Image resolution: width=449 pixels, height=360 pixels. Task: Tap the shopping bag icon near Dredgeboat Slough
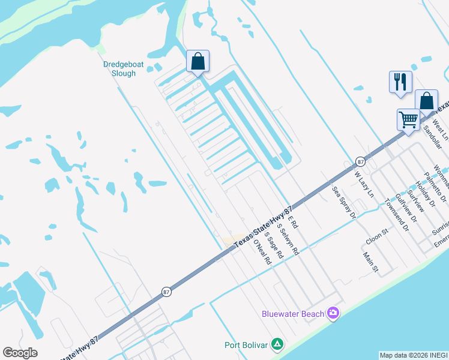pyautogui.click(x=197, y=61)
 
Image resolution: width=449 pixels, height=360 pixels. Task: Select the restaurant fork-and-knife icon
pyautogui.click(x=400, y=82)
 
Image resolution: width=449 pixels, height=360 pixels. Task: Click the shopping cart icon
pyautogui.click(x=408, y=119)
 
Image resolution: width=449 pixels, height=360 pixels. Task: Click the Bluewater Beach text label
pyautogui.click(x=292, y=314)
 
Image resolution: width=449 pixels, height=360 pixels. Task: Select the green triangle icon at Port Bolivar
pyautogui.click(x=277, y=344)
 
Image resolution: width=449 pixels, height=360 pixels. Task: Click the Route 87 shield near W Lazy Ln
pyautogui.click(x=360, y=161)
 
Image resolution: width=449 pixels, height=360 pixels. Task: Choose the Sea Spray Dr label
pyautogui.click(x=344, y=202)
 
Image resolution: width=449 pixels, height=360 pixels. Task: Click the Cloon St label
pyautogui.click(x=376, y=236)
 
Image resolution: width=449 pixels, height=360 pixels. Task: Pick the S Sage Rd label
pyautogui.click(x=274, y=246)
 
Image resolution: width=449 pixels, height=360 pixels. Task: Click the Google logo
pyautogui.click(x=20, y=353)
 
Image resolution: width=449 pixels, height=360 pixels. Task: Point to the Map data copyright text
pyautogui.click(x=414, y=355)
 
